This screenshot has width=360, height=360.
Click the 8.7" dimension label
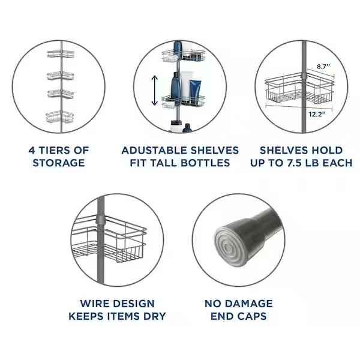point(323,67)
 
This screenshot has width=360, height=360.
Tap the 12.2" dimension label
point(317,114)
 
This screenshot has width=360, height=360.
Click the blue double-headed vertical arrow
point(155,90)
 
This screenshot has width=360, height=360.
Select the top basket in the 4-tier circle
point(61,54)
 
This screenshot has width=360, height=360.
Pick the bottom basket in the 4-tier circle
point(60,117)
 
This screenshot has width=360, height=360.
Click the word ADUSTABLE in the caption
point(155,151)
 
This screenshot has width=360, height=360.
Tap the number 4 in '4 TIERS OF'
point(32,151)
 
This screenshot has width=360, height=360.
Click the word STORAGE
point(59,163)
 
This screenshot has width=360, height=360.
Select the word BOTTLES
point(205,163)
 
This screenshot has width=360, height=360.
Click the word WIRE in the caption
point(94,304)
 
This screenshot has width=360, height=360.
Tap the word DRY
point(155,316)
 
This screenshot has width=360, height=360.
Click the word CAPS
point(252,316)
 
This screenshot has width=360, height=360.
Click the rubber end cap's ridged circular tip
point(230,247)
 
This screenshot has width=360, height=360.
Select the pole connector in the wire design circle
point(101,219)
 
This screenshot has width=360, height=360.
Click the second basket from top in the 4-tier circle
point(61,76)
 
